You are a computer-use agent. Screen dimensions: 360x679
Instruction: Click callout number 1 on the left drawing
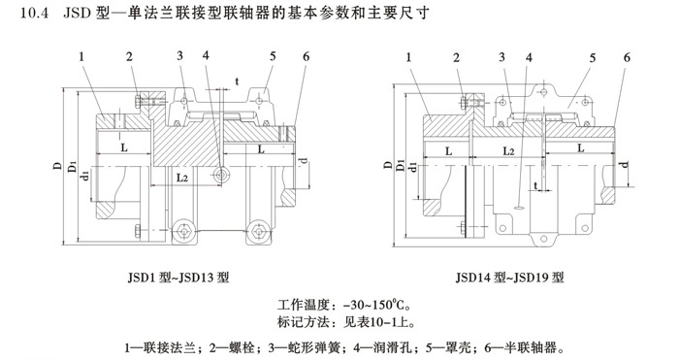click(x=84, y=58)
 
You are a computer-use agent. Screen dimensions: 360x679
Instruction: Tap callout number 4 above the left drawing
click(x=206, y=57)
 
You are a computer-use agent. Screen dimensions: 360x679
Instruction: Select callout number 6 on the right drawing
click(x=628, y=58)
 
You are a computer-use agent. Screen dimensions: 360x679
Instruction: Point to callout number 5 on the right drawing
click(x=589, y=58)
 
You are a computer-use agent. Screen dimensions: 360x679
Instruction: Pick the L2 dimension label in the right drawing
click(x=507, y=152)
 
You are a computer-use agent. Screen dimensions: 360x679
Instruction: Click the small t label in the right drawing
click(x=536, y=184)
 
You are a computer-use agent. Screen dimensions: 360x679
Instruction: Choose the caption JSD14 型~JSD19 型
click(x=506, y=277)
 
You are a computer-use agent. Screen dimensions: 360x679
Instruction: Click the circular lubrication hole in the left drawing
click(x=224, y=175)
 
